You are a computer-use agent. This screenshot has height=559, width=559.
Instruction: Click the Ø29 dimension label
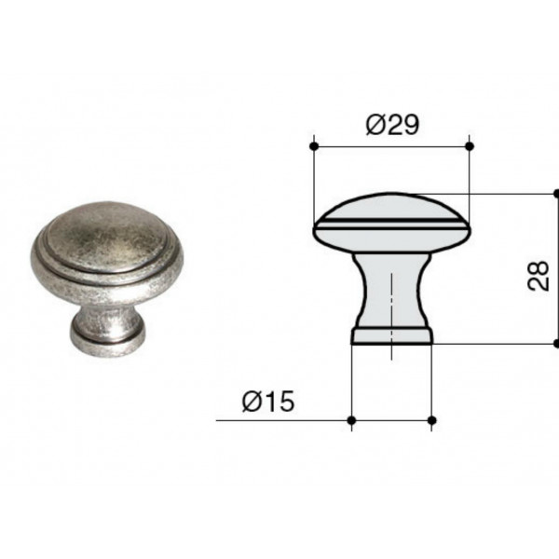click(x=392, y=125)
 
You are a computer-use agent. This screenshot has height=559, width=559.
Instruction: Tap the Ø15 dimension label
click(x=268, y=402)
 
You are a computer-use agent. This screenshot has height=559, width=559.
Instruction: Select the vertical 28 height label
click(x=538, y=276)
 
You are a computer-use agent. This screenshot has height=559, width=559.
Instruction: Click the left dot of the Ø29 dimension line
click(x=314, y=146)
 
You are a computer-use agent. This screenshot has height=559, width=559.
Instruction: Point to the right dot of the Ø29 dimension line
click(x=470, y=146)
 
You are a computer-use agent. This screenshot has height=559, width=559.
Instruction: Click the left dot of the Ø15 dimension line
click(x=351, y=420)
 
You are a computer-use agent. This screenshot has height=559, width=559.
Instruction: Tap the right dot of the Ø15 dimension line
click(x=431, y=420)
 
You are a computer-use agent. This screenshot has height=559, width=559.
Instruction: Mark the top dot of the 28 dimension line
click(x=556, y=194)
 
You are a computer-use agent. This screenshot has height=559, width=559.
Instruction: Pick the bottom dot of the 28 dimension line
click(x=556, y=343)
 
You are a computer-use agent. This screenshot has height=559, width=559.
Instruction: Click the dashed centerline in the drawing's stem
click(x=392, y=316)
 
